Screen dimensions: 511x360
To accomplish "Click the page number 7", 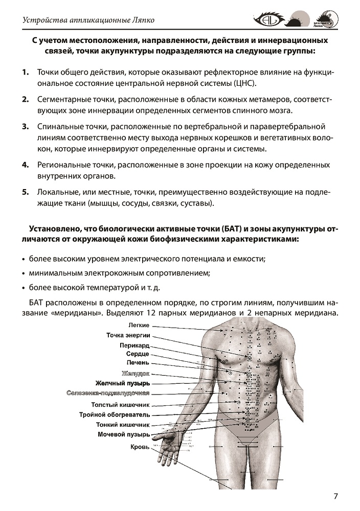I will pos(335,496).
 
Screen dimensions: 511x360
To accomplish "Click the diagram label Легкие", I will pos(139,325).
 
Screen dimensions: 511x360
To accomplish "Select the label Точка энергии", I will pos(128,335).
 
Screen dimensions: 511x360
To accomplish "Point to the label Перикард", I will pos(134,345).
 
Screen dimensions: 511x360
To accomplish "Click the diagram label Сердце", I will pos(138,354).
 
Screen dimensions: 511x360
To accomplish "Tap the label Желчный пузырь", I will pos(123,383).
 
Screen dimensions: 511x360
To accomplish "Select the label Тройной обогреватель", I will pos(115,414).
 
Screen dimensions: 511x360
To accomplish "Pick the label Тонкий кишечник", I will pos(123,424).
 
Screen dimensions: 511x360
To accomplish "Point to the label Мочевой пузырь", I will pos(124,434).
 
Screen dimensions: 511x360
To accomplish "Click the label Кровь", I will pos(140,447).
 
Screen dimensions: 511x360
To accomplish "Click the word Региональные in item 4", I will pos(62,165).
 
